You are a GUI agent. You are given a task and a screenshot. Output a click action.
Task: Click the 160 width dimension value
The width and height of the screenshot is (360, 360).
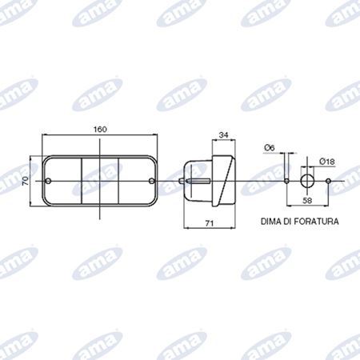(100, 130)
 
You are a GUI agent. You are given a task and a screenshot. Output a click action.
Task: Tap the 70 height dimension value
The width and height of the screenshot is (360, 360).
(26, 182)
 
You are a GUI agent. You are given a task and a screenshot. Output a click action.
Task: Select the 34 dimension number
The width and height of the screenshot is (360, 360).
(223, 135)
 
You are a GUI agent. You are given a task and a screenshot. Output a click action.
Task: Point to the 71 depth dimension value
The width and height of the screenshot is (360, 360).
(210, 223)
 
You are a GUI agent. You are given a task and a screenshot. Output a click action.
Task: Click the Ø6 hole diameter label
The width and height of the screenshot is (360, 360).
(270, 147)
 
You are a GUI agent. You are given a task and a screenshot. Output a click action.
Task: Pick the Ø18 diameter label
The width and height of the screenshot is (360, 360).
(326, 162)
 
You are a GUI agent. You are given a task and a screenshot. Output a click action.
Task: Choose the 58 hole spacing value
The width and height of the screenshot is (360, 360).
(307, 200)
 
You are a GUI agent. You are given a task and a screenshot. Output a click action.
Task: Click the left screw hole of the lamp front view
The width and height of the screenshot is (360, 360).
(48, 181)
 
